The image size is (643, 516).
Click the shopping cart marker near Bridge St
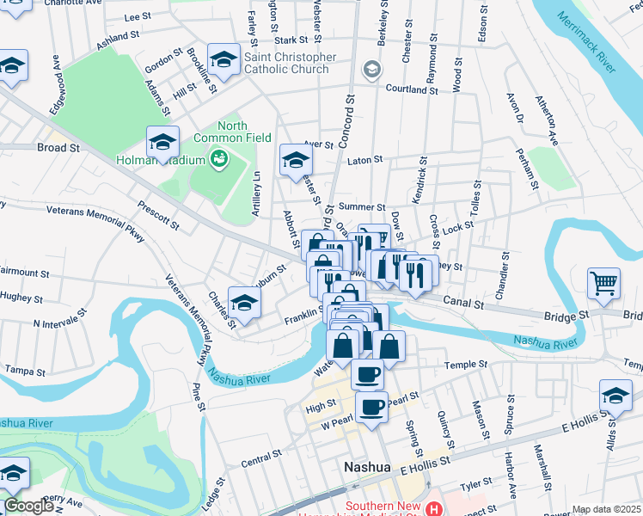pos(604,284)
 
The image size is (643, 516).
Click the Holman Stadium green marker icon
pos(219,159)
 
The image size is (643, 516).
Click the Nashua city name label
pos(367,467)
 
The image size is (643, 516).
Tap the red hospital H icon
pos(434,509)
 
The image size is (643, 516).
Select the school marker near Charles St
pos(244,303)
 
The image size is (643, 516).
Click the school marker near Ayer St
pos(296,159)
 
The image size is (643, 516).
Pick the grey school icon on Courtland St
pos(371,69)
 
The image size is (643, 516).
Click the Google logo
pos(28,506)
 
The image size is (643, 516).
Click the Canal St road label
pos(465,302)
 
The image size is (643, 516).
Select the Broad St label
pos(58,148)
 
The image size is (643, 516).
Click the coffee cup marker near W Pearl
pos(371,408)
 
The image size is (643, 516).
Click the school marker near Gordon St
pos(224,60)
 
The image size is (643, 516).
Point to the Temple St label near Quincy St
pos(466,365)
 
